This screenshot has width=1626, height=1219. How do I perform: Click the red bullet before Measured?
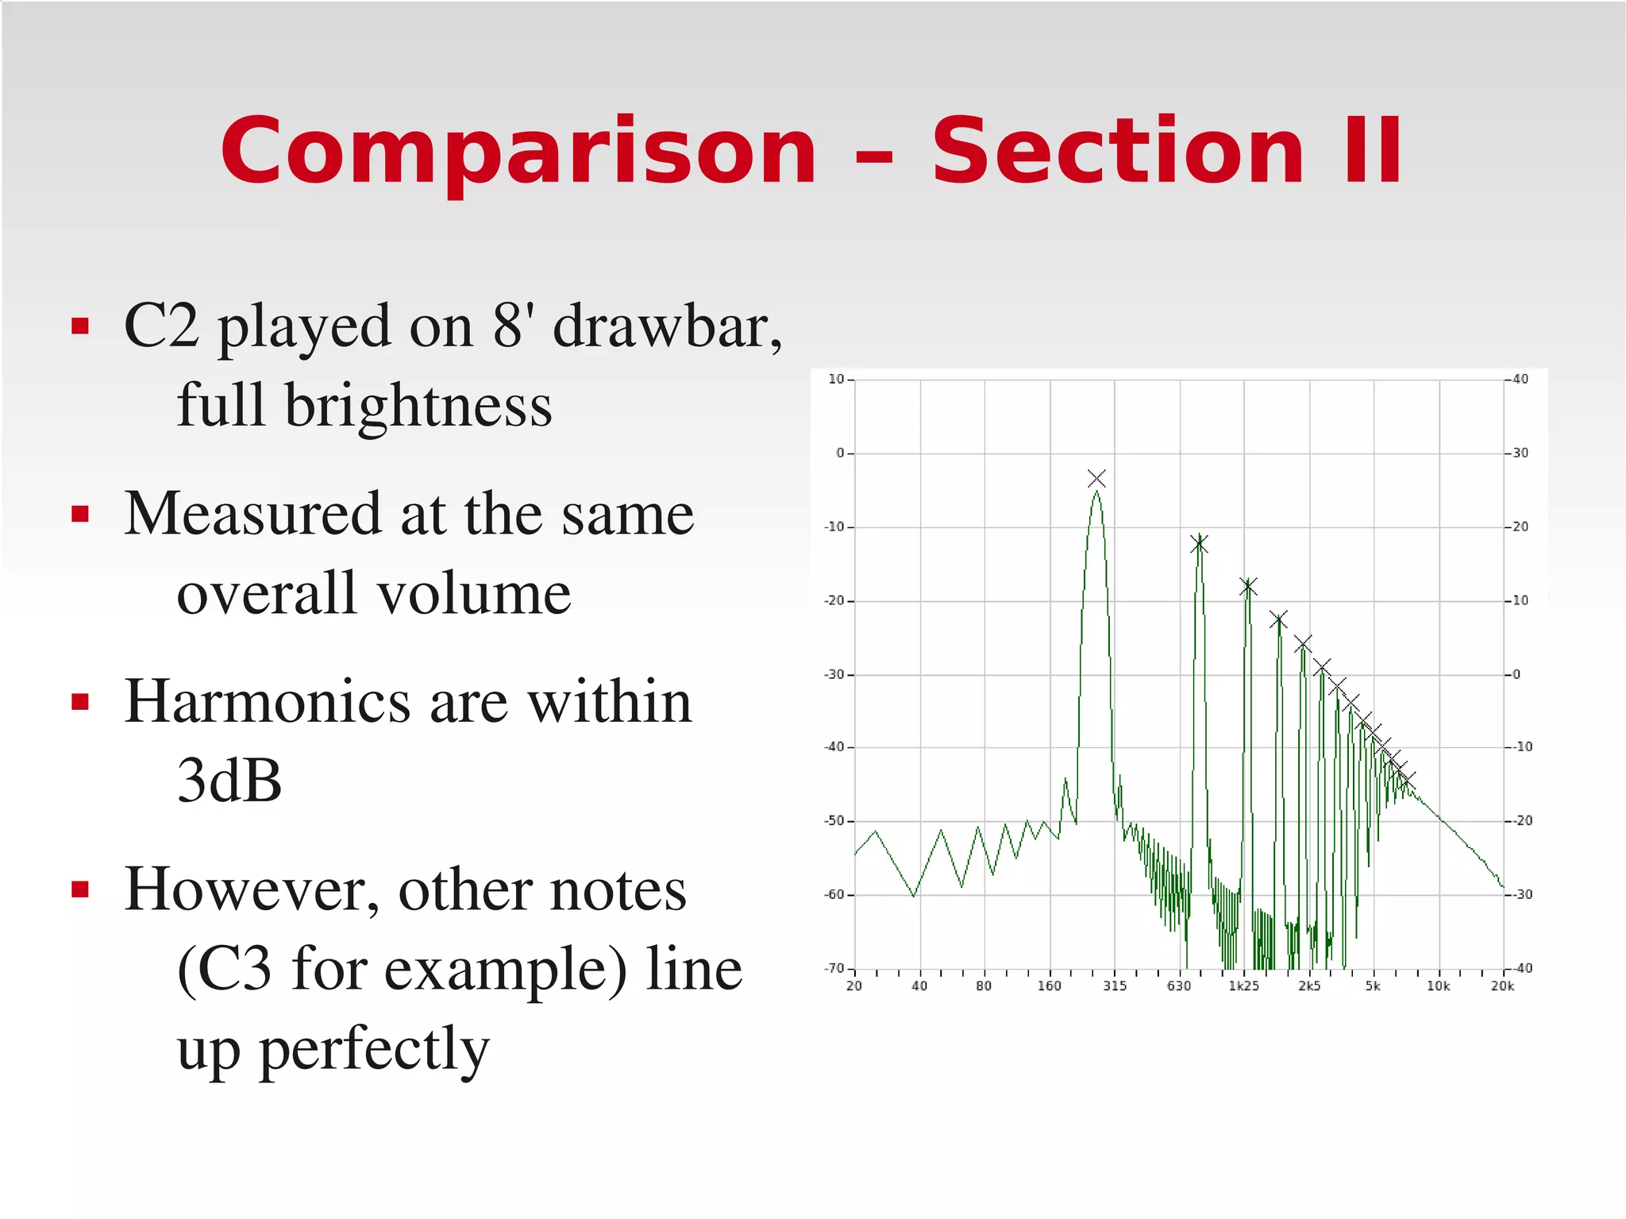pyautogui.click(x=80, y=515)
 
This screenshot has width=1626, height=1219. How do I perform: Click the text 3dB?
pyautogui.click(x=229, y=781)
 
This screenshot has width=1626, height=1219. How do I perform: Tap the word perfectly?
pyautogui.click(x=373, y=1049)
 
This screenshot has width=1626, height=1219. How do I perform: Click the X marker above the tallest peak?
pyautogui.click(x=1096, y=478)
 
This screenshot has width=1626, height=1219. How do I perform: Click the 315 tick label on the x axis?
pyautogui.click(x=1114, y=986)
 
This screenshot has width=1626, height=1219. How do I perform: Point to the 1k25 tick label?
pyautogui.click(x=1243, y=986)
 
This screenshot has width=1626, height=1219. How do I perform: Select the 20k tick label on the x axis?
pyautogui.click(x=1502, y=986)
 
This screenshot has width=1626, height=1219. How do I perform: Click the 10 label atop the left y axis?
pyautogui.click(x=836, y=379)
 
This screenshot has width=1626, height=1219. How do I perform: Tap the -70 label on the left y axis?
pyautogui.click(x=834, y=968)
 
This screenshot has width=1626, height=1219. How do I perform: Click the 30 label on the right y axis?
pyautogui.click(x=1520, y=453)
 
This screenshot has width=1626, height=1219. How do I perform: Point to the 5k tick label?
pyautogui.click(x=1373, y=986)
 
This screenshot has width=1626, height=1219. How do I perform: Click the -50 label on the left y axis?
pyautogui.click(x=834, y=820)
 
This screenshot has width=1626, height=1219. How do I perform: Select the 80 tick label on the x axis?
pyautogui.click(x=984, y=986)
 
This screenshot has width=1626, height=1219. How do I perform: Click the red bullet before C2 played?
pyautogui.click(x=80, y=326)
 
